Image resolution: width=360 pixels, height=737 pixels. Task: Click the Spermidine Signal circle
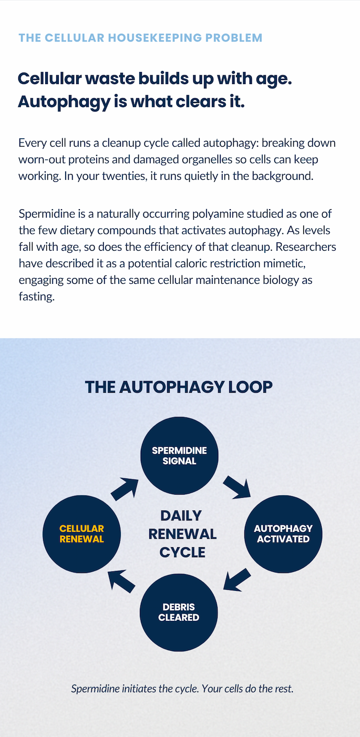tap(179, 456)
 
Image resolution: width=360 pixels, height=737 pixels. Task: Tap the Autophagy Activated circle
tap(283, 534)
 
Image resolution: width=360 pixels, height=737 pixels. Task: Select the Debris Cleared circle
tap(179, 612)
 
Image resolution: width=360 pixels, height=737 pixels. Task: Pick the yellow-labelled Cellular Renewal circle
tap(81, 534)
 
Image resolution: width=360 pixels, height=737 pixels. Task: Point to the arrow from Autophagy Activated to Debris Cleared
tap(237, 580)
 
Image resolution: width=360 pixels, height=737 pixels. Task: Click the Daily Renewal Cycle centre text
tap(182, 534)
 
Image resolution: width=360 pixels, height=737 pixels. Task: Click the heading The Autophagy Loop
tap(179, 387)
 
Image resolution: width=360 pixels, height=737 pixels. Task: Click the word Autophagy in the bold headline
tap(64, 102)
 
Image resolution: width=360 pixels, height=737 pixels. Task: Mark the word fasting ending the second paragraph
tap(37, 297)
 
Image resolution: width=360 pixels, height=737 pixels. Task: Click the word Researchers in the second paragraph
tap(306, 247)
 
